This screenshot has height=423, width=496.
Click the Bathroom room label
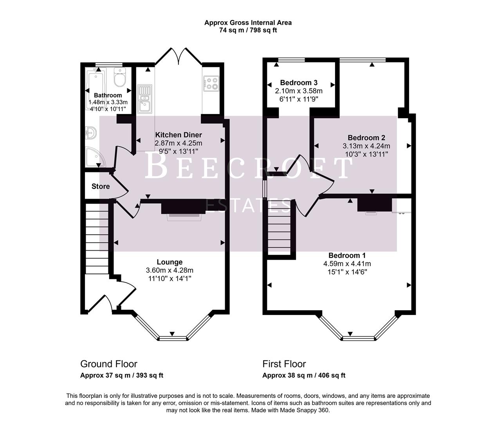point(108,95)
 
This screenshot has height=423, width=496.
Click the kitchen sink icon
point(144,98)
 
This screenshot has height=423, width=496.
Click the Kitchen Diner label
point(179,135)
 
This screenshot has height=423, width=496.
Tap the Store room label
point(101,186)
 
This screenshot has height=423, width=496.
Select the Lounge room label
point(170,262)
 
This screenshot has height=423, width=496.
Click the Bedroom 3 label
point(299,83)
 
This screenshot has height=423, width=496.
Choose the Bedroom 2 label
point(366,137)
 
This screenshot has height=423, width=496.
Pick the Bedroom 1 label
point(344,255)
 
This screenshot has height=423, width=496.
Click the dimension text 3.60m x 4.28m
point(170,270)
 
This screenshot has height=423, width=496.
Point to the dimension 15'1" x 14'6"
point(344,272)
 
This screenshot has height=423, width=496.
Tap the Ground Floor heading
point(109,364)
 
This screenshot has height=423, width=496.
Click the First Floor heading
point(284,364)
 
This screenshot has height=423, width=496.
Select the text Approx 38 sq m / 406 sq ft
point(304,375)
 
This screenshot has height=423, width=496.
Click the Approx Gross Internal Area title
point(248,23)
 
